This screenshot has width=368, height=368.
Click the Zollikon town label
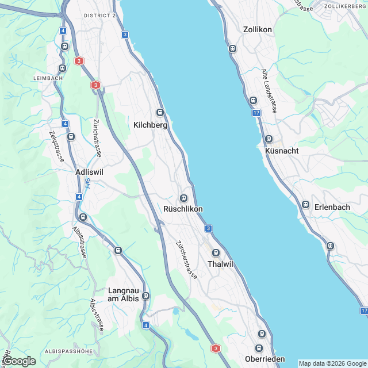click(257, 29)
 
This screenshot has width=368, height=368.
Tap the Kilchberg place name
click(150, 125)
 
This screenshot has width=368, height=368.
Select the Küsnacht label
click(282, 151)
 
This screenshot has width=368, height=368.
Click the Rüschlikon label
click(183, 209)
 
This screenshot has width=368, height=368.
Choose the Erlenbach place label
click(332, 207)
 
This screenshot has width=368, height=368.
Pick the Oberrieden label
click(264, 359)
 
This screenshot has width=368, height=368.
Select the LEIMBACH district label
click(47, 78)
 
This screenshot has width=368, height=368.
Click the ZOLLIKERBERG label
click(345, 6)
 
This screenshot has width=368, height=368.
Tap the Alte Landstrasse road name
click(269, 91)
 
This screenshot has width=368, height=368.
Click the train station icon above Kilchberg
click(160, 113)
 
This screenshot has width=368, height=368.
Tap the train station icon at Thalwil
click(216, 252)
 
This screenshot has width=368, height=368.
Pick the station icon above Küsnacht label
click(269, 139)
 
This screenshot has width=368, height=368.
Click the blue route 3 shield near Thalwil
click(208, 229)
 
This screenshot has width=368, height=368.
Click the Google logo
click(18, 361)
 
